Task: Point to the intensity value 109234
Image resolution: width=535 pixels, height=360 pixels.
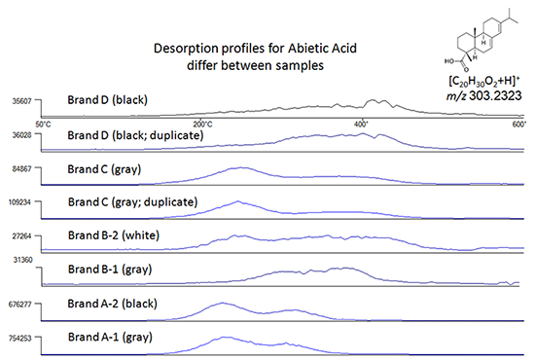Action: (x=20, y=203)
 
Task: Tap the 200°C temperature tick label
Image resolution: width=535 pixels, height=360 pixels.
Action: (x=202, y=124)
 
